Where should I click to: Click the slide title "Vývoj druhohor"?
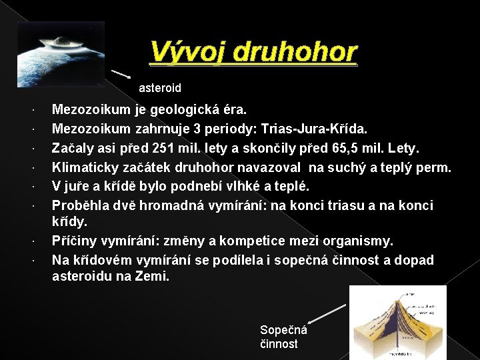pos(253,52)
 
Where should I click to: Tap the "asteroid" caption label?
pos(159,87)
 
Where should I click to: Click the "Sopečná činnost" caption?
pos(283,337)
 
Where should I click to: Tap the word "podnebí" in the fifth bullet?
pos(189,185)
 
